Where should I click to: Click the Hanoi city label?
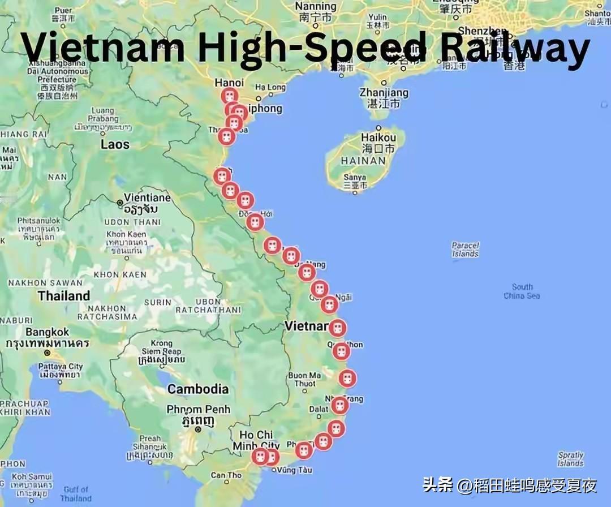point(229,83)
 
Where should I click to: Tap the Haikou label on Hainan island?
point(378,138)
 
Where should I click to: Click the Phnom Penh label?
point(198,409)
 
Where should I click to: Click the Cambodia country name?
point(198,389)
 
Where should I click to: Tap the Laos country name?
point(115,144)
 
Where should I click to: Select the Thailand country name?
point(63,295)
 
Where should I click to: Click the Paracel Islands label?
point(465,250)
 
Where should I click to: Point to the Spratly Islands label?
point(570,459)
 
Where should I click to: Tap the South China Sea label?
point(522,291)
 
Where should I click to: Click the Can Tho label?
point(226,475)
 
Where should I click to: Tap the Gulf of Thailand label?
point(76,494)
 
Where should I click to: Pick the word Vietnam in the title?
point(104,48)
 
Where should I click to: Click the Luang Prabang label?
point(102,115)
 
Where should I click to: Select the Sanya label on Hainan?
point(355,177)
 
